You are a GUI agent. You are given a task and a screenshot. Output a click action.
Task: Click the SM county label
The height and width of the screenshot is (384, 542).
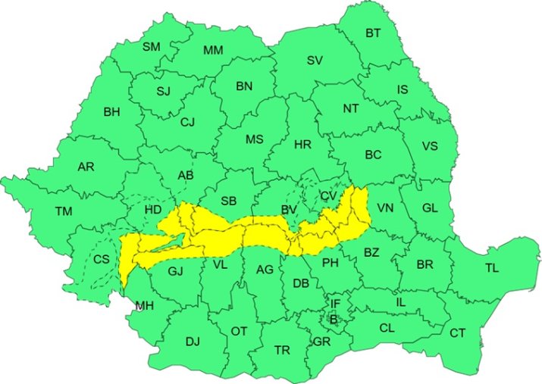pyautogui.click(x=152, y=46)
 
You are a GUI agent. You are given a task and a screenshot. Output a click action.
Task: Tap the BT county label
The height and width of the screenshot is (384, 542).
pyautogui.click(x=374, y=33)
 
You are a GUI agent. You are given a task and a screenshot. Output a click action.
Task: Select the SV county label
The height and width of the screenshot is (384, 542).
pyautogui.click(x=315, y=61)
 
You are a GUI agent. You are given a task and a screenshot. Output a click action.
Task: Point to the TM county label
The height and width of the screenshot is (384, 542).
pyautogui.click(x=63, y=211)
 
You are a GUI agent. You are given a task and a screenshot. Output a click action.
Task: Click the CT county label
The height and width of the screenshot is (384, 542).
pyautogui.click(x=458, y=332)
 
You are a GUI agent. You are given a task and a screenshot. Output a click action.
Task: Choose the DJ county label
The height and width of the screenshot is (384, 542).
pyautogui.click(x=193, y=342)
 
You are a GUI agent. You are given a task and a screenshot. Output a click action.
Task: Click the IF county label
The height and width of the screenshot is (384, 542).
pyautogui.click(x=335, y=304)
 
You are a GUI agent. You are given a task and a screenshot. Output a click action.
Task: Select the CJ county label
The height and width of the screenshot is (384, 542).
pyautogui.click(x=187, y=121)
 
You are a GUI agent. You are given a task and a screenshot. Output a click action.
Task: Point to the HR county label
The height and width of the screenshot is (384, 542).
pyautogui.click(x=302, y=144)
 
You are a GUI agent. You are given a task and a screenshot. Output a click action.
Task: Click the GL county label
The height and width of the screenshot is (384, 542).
pyautogui.click(x=430, y=208)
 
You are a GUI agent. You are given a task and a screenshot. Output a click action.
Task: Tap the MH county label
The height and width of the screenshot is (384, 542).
pyautogui.click(x=143, y=306)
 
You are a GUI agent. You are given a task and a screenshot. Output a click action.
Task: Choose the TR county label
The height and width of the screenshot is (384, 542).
pyautogui.click(x=282, y=350)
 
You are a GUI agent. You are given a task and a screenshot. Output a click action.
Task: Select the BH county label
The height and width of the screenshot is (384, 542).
pyautogui.click(x=111, y=112)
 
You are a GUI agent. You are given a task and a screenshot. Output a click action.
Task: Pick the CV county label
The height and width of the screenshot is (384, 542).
pyautogui.click(x=328, y=195)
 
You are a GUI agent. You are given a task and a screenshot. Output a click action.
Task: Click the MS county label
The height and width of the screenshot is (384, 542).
pyautogui.click(x=254, y=139)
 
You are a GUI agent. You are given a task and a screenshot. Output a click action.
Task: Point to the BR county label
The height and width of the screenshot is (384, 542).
pyautogui.click(x=425, y=265)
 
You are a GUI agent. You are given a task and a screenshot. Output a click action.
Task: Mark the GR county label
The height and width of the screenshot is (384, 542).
pyautogui.click(x=321, y=342)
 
